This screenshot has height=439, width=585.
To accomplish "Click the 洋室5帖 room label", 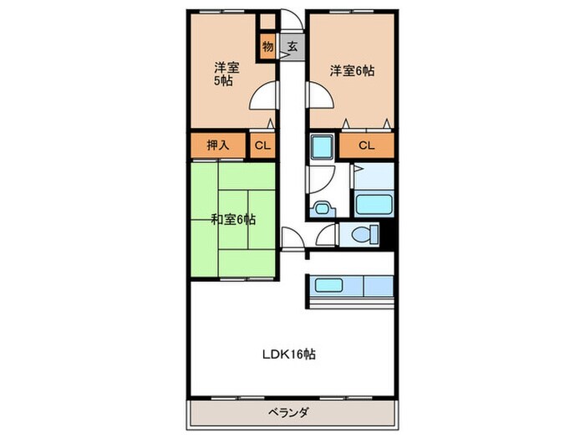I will coord(222,74).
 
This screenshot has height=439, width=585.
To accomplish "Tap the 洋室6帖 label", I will coord(351,71).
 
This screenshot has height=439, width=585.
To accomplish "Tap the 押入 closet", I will coord(218,145).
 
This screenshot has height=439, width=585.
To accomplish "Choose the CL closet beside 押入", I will coord(262,145).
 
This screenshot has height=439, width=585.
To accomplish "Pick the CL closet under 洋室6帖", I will coord(366,145).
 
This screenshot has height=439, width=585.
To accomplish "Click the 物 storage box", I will coord(267,47).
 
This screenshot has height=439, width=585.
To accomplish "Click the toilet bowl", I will coord(362,235).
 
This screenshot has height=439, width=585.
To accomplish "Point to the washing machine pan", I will coord(323,149).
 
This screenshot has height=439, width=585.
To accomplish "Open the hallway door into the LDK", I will coord(292,239).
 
